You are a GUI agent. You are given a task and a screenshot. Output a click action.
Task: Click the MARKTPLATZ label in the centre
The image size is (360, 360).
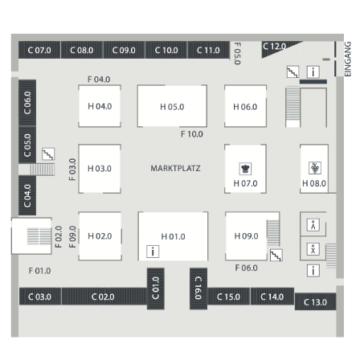175,168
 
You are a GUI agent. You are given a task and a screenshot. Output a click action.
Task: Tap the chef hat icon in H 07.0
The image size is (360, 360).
245,169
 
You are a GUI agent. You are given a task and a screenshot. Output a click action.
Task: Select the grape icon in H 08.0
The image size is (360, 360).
315,168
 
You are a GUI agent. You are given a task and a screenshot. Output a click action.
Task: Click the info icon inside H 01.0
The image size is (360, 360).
153,252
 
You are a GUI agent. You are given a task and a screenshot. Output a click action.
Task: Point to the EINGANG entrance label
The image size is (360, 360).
347,59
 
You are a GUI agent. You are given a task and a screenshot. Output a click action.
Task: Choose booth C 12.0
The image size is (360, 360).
279,48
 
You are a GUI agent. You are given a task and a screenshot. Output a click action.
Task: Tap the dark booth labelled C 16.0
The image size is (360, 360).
198,288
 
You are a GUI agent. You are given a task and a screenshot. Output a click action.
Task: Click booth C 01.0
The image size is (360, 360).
156,288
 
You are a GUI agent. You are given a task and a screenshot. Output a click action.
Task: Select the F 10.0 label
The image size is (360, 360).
192,134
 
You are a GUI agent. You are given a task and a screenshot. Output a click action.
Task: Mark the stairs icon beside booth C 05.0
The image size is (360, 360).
48,154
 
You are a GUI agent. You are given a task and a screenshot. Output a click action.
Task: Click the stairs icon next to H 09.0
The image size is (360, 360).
276,256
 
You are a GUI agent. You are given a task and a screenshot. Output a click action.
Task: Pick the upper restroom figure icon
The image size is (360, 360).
313,225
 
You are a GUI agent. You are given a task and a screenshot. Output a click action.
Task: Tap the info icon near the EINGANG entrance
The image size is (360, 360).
313,72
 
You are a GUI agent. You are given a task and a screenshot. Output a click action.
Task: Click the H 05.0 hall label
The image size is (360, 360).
172,107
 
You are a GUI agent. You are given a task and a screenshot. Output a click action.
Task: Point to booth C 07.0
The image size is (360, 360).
39,50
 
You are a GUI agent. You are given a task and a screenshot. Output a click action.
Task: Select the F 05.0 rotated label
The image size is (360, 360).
238,54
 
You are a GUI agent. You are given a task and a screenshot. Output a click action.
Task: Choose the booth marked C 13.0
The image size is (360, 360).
315,302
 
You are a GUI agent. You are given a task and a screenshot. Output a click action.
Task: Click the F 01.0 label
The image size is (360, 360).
39,271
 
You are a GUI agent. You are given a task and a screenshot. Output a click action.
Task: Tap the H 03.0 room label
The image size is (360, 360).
100,169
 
